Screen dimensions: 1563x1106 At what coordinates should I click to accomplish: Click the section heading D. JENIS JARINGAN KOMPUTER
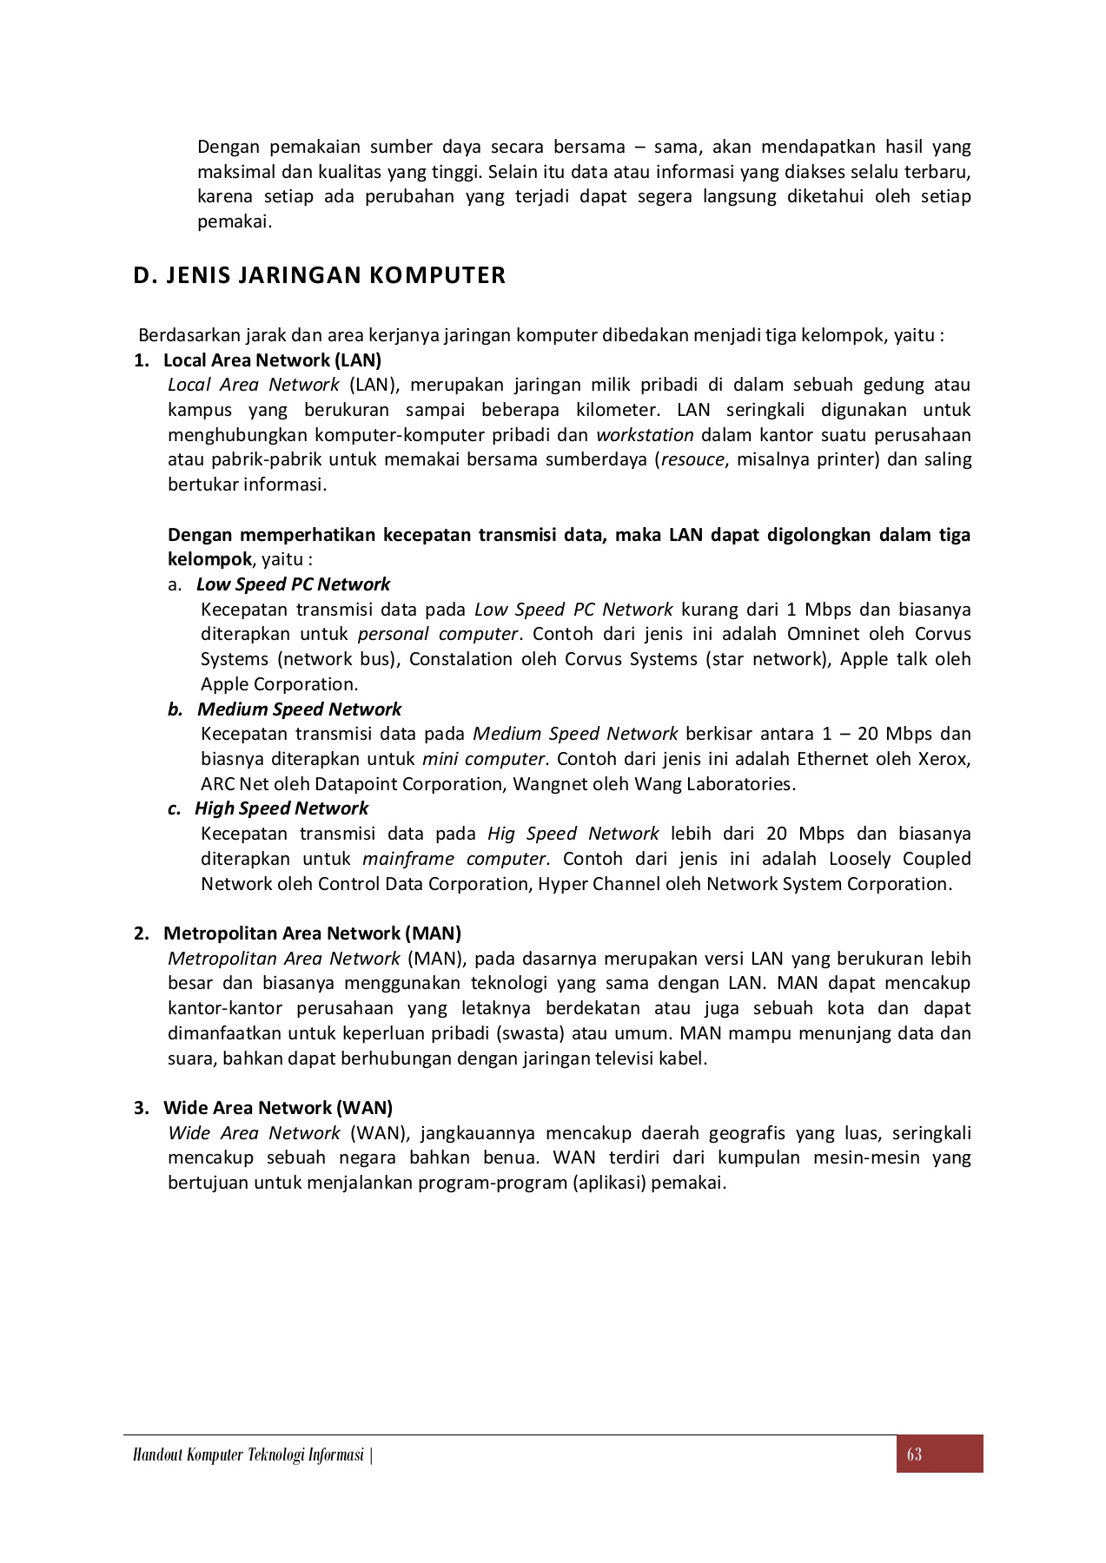coord(319,276)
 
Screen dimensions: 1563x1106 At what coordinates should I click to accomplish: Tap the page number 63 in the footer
coord(913,1454)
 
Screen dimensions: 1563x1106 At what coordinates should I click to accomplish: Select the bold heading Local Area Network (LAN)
coord(272,359)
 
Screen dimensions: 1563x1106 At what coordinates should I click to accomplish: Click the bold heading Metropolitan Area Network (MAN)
coord(312,933)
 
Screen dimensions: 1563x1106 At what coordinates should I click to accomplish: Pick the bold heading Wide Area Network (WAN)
coord(278,1108)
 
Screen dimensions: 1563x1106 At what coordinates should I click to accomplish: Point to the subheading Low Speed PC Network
coord(293,584)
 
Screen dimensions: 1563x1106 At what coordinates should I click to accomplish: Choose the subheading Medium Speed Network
coord(299,709)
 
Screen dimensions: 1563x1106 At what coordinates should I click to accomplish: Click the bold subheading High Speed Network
coord(281,808)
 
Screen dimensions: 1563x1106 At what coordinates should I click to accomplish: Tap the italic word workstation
coord(645,435)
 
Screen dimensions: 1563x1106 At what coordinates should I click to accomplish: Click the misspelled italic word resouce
coord(692,459)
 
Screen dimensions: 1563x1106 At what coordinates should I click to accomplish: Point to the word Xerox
coord(943,759)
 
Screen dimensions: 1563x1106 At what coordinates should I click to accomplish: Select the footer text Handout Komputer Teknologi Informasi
coord(248,1455)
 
